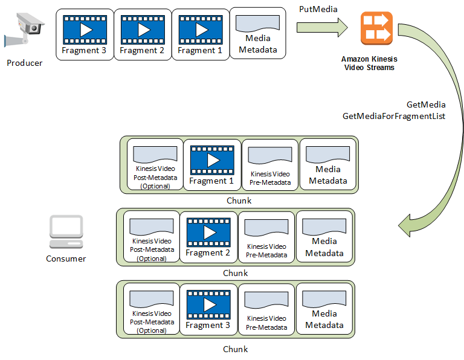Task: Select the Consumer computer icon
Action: click(x=66, y=233)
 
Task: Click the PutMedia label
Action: click(x=318, y=9)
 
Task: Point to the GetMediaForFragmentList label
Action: click(x=393, y=115)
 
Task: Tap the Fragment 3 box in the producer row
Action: click(x=84, y=34)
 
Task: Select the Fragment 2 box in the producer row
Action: click(x=142, y=34)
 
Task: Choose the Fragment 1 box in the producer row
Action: click(x=200, y=34)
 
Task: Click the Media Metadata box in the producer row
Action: click(x=258, y=34)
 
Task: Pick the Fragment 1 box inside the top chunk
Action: click(x=212, y=165)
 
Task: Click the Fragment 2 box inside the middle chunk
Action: click(x=208, y=237)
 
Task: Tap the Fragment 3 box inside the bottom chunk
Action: click(x=208, y=309)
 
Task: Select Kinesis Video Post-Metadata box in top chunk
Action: click(x=154, y=165)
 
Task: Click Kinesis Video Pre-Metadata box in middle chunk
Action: click(x=266, y=237)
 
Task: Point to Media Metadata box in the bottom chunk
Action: click(x=324, y=309)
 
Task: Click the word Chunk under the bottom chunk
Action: click(x=235, y=349)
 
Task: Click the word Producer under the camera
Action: click(x=25, y=63)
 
